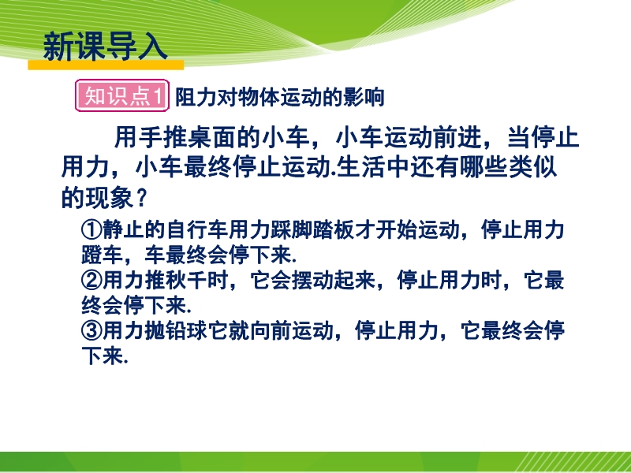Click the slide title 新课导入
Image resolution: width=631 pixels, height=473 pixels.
click(x=105, y=47)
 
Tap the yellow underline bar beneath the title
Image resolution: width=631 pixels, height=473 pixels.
click(x=106, y=65)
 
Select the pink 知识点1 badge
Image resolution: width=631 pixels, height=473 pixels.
click(x=122, y=95)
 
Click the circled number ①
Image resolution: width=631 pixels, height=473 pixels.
click(x=91, y=229)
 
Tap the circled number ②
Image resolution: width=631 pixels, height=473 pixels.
click(x=91, y=281)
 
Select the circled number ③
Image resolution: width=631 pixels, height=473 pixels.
click(x=91, y=331)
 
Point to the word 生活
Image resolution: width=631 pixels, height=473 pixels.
click(x=360, y=167)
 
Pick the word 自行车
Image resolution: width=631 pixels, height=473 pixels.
click(x=196, y=229)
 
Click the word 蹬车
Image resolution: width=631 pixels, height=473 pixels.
click(x=103, y=255)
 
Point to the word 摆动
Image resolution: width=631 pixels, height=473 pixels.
click(x=312, y=281)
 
